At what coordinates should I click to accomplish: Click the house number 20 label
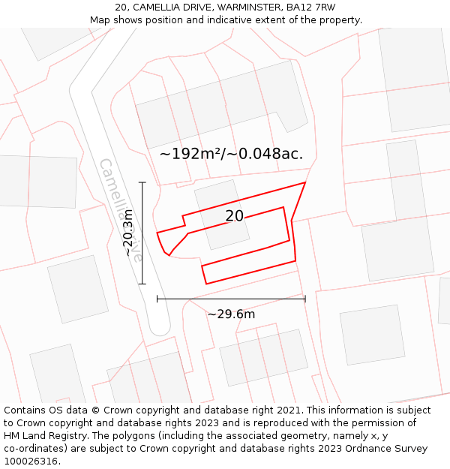(x=235, y=216)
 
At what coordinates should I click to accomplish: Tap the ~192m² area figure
(x=191, y=154)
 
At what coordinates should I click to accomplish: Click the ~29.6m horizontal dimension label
(x=231, y=314)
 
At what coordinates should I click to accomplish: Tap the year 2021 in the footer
(x=289, y=410)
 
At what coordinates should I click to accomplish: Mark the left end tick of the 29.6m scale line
(x=157, y=299)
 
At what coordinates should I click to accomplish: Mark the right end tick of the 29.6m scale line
(x=305, y=299)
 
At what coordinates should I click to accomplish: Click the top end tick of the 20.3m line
(x=142, y=182)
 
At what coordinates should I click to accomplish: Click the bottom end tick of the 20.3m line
(x=142, y=284)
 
